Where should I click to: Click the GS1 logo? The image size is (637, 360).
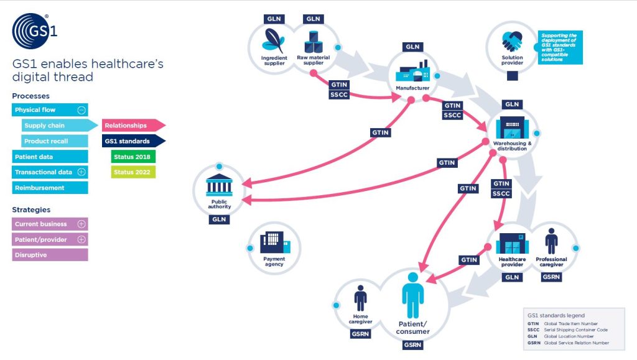(35, 31)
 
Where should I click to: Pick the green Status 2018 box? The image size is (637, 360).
(130, 157)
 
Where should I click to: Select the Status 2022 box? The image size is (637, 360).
(130, 172)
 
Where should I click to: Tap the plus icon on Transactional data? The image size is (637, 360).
(81, 172)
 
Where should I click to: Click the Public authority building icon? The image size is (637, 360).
(218, 185)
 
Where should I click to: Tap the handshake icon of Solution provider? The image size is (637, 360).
(512, 42)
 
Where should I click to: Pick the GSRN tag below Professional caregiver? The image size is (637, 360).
(551, 277)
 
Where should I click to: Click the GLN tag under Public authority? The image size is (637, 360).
(219, 219)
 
